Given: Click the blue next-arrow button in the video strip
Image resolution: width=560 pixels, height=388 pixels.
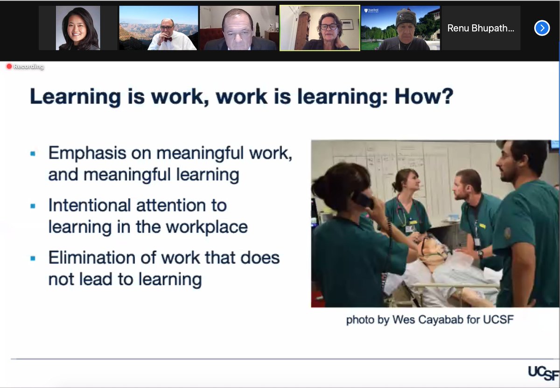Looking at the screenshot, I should [x=541, y=28].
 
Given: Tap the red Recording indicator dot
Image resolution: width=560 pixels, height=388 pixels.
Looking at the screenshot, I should [x=9, y=66].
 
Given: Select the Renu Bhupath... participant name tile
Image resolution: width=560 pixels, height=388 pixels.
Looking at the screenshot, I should [x=481, y=28].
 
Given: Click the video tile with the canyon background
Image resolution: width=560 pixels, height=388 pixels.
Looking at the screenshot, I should [x=159, y=28].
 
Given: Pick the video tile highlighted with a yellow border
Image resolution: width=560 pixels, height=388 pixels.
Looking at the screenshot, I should [x=320, y=28].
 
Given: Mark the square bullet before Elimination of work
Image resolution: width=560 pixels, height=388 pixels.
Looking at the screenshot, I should [x=33, y=258].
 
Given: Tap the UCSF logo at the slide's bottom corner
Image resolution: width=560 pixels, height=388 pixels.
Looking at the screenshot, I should [x=543, y=373].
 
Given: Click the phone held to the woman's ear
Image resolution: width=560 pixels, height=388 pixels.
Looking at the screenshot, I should [x=363, y=200].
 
